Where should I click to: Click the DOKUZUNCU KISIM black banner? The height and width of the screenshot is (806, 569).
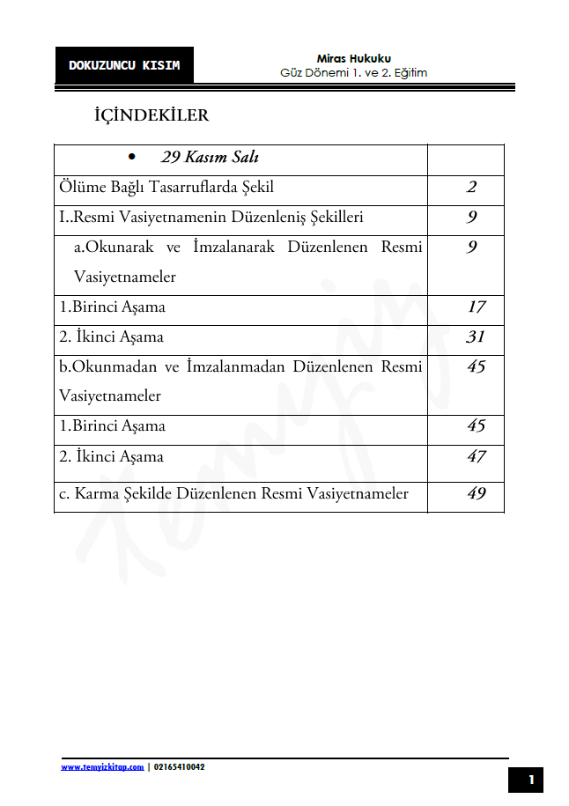(x=124, y=65)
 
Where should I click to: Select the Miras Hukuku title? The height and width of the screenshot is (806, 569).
(x=353, y=58)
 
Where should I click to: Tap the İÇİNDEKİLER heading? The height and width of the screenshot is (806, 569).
(x=151, y=115)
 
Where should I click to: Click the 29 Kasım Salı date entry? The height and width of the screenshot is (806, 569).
(x=210, y=158)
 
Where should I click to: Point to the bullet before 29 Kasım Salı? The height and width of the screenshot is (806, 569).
(x=131, y=158)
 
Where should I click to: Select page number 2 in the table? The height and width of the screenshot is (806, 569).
(x=472, y=188)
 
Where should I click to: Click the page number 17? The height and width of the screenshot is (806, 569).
(x=476, y=307)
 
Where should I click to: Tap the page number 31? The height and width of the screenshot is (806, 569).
(x=476, y=337)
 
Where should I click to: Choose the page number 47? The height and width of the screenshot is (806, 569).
(x=476, y=456)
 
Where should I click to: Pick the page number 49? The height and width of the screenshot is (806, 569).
(x=476, y=493)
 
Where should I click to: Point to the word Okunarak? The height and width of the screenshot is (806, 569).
(x=115, y=248)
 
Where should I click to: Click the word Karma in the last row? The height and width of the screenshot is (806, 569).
(x=95, y=493)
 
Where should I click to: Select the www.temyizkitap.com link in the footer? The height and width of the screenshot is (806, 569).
(x=102, y=767)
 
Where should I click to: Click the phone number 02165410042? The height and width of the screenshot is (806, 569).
(x=179, y=767)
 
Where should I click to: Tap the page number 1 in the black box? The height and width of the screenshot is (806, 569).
(x=531, y=780)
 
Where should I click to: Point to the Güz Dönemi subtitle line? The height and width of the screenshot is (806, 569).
(x=353, y=73)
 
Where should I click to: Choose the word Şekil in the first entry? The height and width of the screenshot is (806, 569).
(x=258, y=188)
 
